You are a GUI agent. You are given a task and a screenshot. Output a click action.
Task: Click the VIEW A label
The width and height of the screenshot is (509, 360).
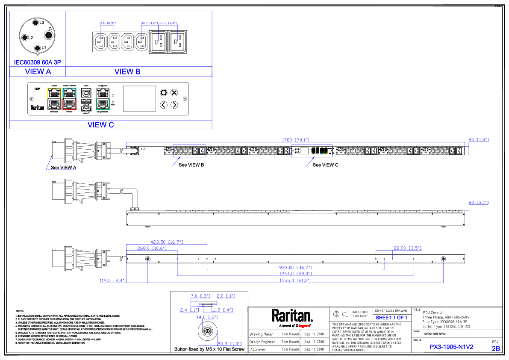pyautogui.click(x=38, y=72)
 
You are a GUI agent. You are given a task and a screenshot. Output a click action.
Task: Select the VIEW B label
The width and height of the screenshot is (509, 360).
pyautogui.click(x=127, y=72)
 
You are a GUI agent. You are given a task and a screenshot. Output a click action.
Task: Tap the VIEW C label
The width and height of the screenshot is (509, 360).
pyautogui.click(x=100, y=125)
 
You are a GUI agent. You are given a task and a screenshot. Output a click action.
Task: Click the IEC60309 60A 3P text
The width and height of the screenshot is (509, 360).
pyautogui.click(x=38, y=62)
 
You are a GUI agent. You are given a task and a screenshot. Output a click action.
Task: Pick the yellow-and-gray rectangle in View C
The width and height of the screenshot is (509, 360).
pyautogui.click(x=54, y=99)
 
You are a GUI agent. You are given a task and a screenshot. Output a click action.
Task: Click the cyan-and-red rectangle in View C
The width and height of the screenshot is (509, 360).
pyautogui.click(x=70, y=99)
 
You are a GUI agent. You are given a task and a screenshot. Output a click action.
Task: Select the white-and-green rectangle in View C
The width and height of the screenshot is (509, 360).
pyautogui.click(x=103, y=99)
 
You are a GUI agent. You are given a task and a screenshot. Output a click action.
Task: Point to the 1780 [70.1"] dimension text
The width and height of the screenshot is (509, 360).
pyautogui.click(x=295, y=140)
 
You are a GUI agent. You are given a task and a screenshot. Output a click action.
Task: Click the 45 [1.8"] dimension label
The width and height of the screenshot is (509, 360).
pyautogui.click(x=478, y=139)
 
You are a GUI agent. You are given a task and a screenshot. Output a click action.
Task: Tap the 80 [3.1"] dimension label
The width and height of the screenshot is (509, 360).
pyautogui.click(x=478, y=203)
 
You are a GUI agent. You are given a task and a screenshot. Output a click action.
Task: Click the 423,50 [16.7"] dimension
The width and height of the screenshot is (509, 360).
pyautogui.click(x=167, y=242)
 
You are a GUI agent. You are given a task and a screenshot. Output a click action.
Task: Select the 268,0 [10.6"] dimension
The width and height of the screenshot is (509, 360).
pyautogui.click(x=152, y=248)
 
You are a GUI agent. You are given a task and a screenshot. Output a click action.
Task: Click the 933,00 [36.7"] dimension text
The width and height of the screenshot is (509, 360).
pyautogui.click(x=295, y=268)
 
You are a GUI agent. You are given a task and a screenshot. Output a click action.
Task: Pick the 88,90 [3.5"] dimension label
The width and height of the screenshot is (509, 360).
pyautogui.click(x=407, y=248)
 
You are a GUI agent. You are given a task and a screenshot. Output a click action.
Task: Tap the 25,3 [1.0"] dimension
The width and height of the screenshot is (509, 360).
pyautogui.click(x=229, y=343)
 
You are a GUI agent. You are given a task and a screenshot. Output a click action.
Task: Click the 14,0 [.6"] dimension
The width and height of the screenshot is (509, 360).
pyautogui.click(x=207, y=317)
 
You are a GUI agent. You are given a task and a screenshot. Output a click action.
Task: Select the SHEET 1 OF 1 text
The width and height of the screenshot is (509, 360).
pyautogui.click(x=391, y=318)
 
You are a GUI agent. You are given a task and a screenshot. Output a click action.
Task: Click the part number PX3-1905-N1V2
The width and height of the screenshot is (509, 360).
pyautogui.click(x=452, y=347)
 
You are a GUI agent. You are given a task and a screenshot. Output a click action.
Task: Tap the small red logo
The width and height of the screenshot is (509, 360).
pyautogui.click(x=304, y=326)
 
